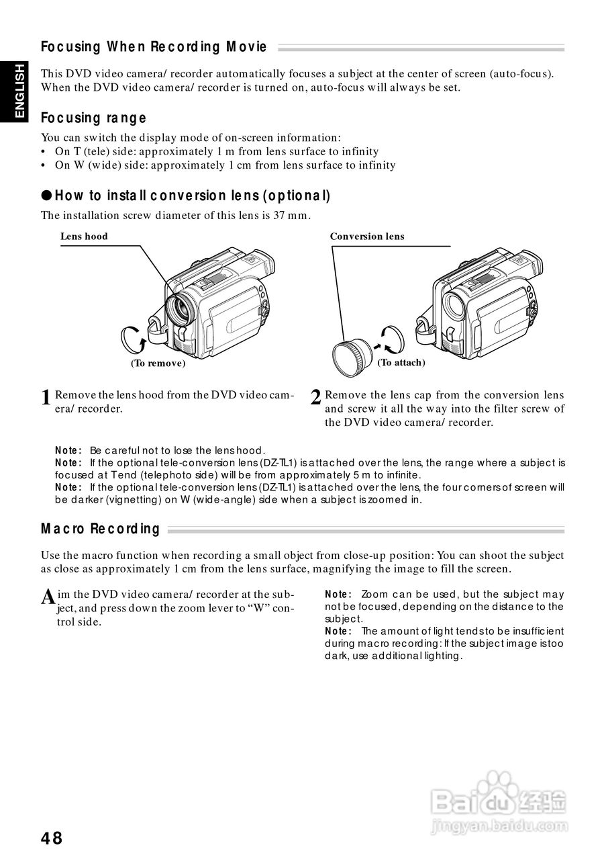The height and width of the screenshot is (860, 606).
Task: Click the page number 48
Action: pos(52,838)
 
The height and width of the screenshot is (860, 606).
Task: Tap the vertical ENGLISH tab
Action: pos(19,91)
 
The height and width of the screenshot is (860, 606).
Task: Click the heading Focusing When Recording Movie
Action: pos(154,47)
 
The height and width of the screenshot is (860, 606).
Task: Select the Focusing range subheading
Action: pos(93,118)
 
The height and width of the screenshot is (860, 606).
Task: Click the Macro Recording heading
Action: pos(101,528)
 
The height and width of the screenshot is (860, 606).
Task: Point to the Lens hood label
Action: pos(84,236)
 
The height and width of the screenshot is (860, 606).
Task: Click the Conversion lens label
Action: pos(367,236)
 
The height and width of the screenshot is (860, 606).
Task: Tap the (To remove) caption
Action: pos(158,363)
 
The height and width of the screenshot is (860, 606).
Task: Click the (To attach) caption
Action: pos(401,362)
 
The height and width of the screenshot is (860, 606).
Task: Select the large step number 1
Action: pos(46,398)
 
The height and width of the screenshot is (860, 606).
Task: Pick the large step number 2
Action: pos(316,398)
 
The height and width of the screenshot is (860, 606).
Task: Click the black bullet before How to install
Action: pos(46,196)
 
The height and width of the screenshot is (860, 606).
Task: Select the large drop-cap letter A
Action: pos(48,597)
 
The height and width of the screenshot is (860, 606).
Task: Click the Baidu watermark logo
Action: pos(499,800)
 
